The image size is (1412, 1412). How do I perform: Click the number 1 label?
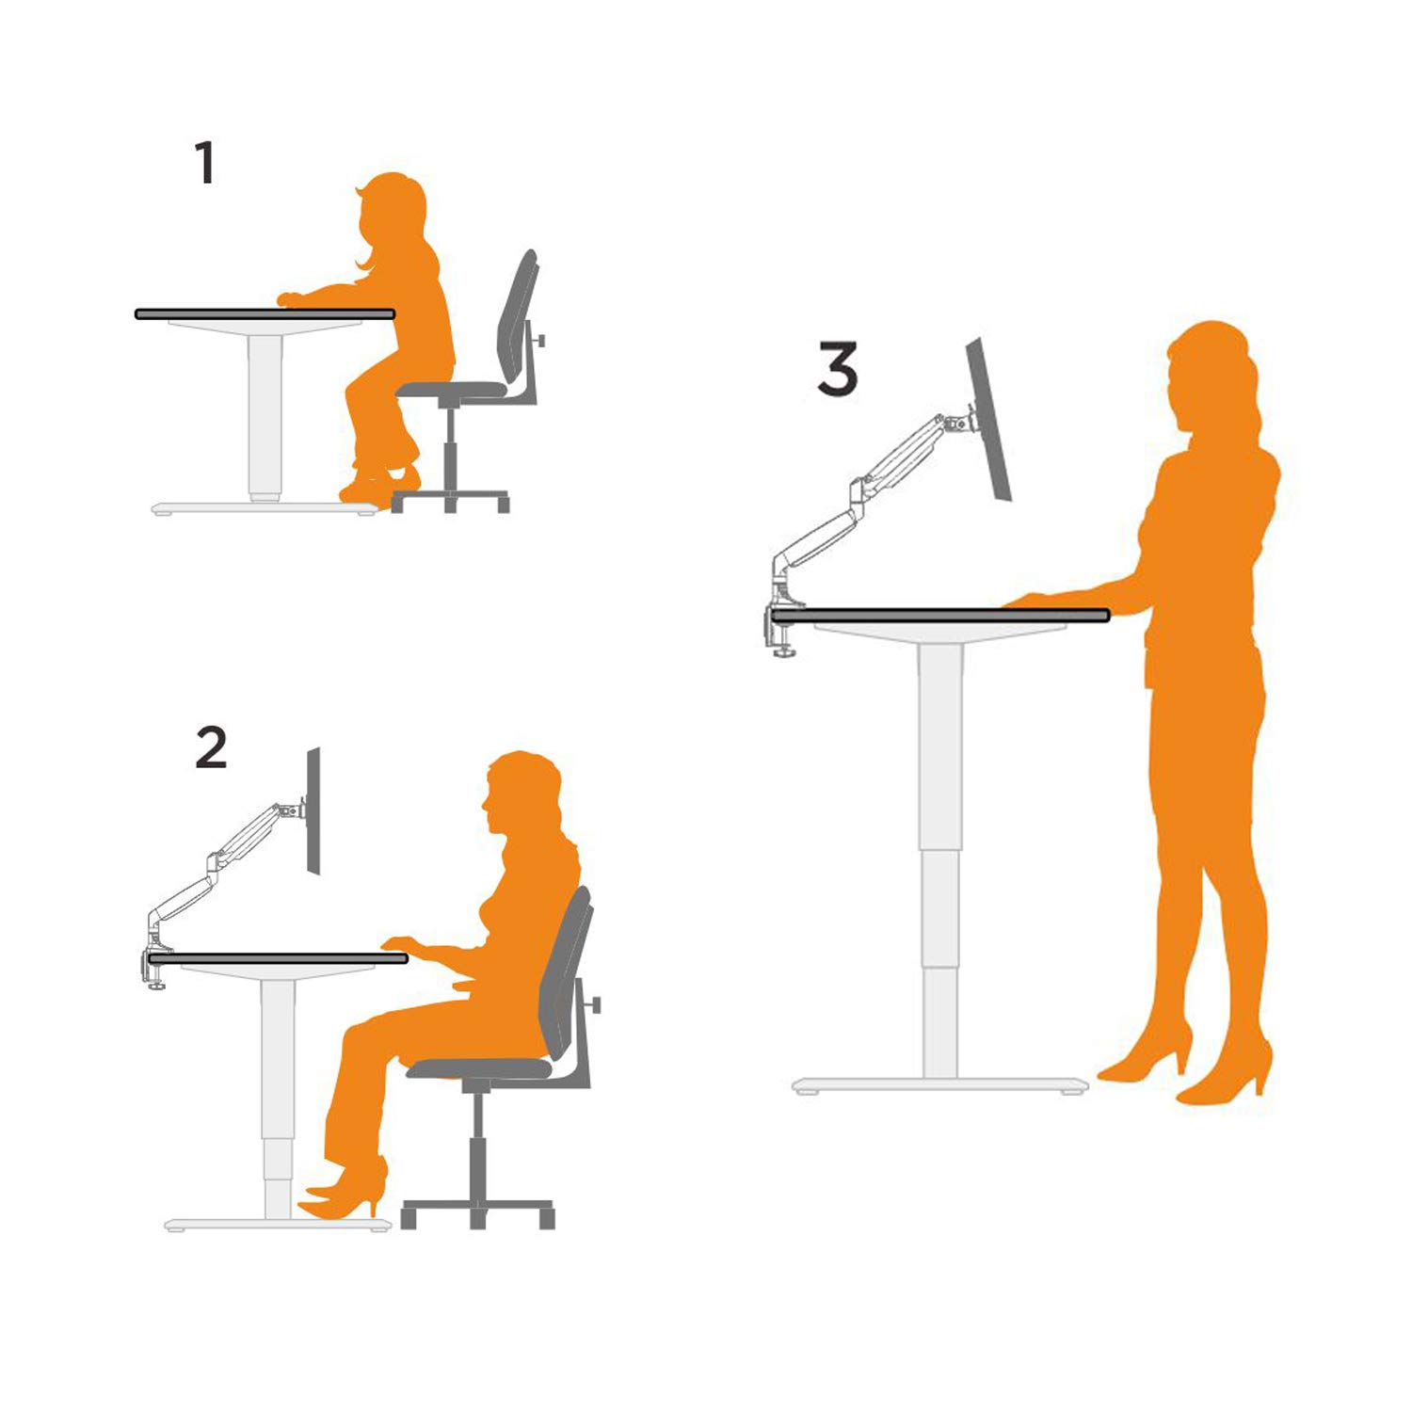(205, 162)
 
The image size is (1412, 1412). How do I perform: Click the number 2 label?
(211, 747)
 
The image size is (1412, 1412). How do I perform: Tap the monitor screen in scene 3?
(989, 420)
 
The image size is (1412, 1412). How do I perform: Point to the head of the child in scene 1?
(393, 212)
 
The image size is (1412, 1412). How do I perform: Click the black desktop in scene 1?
(264, 313)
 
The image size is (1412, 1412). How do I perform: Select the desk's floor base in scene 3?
(940, 1085)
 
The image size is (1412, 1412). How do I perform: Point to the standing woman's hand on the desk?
(1026, 600)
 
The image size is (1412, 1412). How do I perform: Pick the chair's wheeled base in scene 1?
(451, 499)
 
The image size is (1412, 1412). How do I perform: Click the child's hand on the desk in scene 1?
(290, 299)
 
